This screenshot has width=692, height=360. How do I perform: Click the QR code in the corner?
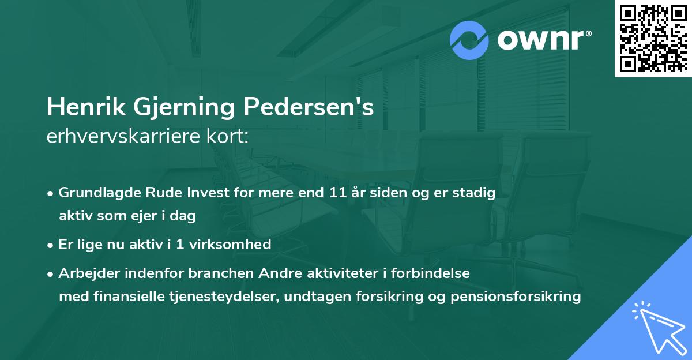(653, 38)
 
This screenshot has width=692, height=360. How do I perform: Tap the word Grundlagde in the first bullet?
(95, 193)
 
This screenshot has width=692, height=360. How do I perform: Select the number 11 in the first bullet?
(335, 193)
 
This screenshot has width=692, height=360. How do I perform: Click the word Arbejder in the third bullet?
(85, 273)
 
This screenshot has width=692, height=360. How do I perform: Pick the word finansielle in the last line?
(125, 297)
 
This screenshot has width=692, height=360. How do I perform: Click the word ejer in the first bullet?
(149, 216)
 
